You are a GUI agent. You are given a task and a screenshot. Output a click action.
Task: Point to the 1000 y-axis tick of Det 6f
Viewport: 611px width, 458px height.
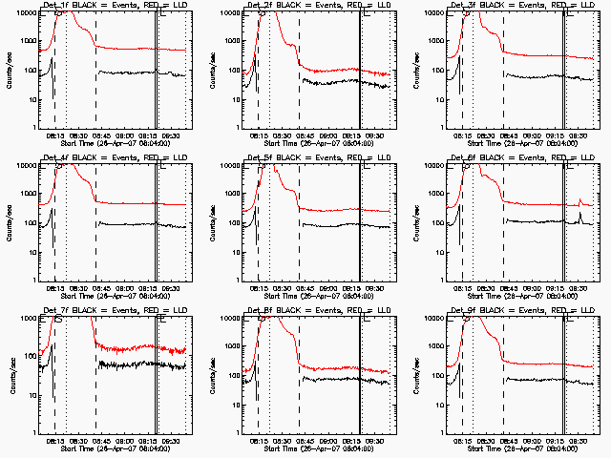tap(436, 194)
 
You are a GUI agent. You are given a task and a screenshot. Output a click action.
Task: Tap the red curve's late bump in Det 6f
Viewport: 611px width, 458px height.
tap(579, 200)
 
